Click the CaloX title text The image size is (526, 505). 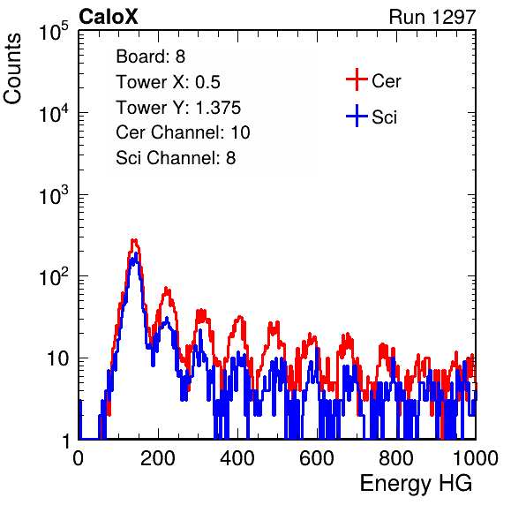[x=109, y=17]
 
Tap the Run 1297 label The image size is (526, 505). [x=432, y=17]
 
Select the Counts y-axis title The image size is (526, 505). [x=12, y=69]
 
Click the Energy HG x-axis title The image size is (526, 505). [x=417, y=483]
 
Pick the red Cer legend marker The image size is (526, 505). [x=357, y=79]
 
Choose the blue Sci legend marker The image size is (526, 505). [x=357, y=116]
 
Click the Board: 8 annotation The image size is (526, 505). [x=151, y=57]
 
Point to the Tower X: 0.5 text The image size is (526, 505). [x=168, y=82]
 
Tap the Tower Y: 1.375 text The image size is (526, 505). [x=178, y=108]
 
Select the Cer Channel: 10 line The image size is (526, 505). [x=184, y=132]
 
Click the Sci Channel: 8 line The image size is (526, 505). [x=176, y=158]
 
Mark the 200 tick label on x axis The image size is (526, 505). [x=158, y=458]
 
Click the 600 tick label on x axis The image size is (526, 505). [x=317, y=458]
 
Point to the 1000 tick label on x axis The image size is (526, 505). [x=476, y=458]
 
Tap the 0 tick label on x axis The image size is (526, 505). [x=79, y=458]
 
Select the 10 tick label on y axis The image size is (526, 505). [x=58, y=358]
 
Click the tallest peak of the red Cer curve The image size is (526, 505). [x=134, y=240]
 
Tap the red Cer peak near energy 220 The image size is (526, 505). [x=167, y=290]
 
